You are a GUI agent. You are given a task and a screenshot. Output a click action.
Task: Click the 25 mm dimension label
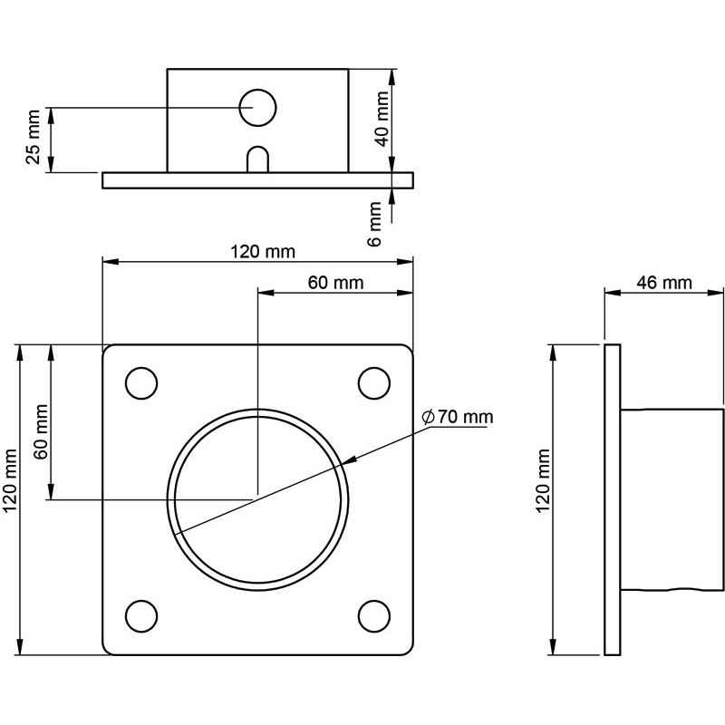34,137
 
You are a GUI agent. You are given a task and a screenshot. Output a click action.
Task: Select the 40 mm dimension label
382,119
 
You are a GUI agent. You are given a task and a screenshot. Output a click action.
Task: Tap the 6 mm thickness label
375,224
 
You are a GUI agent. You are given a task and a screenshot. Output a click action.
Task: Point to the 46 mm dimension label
664,283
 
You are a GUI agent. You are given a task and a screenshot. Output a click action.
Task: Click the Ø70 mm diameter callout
458,417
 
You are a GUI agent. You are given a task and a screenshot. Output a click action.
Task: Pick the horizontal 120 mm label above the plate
263,252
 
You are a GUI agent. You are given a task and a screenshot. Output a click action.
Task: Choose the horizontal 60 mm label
335,283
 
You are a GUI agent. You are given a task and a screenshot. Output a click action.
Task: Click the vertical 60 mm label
41,432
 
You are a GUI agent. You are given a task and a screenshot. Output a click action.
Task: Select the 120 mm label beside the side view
543,481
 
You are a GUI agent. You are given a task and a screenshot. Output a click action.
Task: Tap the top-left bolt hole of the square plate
141,383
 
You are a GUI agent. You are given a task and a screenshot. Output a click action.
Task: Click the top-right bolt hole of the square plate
374,383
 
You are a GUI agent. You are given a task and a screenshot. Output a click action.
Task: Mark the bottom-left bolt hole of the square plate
141,616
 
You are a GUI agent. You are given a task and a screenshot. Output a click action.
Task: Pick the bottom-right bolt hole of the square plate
374,616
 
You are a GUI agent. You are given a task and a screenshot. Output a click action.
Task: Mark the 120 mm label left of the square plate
10,481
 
